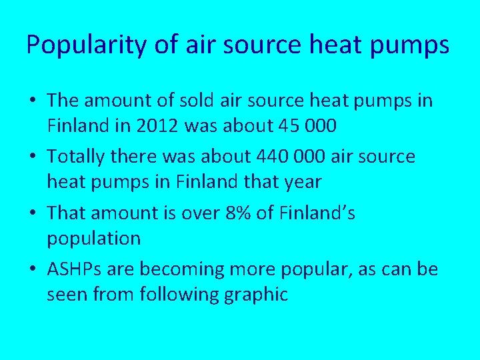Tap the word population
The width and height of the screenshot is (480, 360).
click(x=93, y=239)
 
